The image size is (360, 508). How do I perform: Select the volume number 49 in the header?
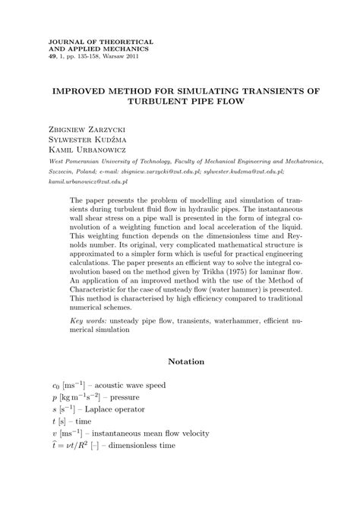52,57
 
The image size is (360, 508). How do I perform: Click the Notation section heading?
186,361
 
